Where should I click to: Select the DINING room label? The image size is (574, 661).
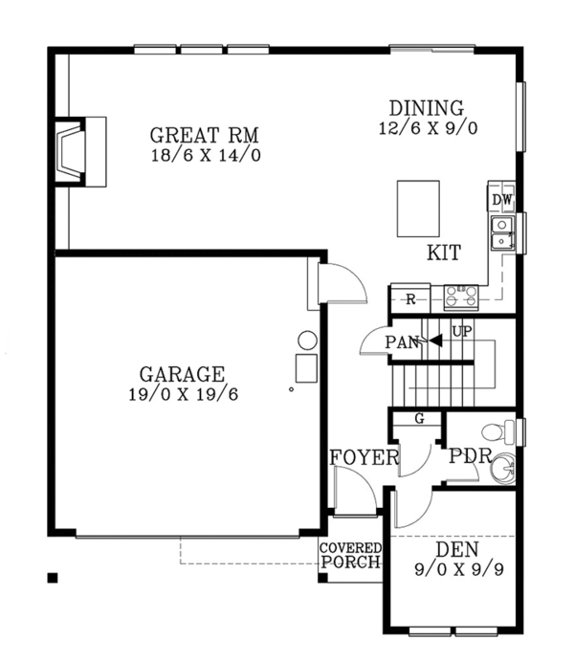[x=426, y=107]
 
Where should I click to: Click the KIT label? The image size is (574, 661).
[x=443, y=253]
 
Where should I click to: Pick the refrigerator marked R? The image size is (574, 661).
[x=410, y=299]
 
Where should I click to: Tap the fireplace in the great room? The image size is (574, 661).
[x=75, y=149]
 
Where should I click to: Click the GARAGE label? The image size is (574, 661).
[x=182, y=374]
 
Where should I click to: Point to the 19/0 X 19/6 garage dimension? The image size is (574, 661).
[x=182, y=393]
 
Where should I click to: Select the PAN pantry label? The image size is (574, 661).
[x=402, y=342]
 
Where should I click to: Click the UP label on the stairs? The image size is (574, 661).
[x=462, y=332]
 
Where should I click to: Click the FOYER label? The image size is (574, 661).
[x=364, y=457]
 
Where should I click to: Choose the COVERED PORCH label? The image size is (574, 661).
[x=350, y=555]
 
